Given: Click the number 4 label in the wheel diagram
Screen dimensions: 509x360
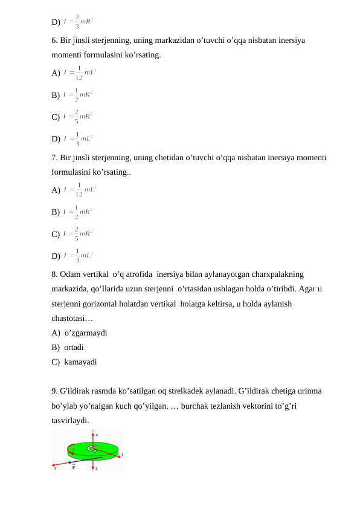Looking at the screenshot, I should tap(97, 434).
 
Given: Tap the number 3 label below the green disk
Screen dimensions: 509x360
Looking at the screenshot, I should tap(97, 468).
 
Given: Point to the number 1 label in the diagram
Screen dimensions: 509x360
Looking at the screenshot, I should tap(55, 468).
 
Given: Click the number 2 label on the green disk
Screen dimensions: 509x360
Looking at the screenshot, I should tap(74, 450).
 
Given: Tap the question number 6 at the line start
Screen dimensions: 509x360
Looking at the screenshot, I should tap(54, 41).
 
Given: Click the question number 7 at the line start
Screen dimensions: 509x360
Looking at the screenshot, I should tap(54, 158).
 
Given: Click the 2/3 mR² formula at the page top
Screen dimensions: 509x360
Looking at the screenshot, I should tap(78, 22).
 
